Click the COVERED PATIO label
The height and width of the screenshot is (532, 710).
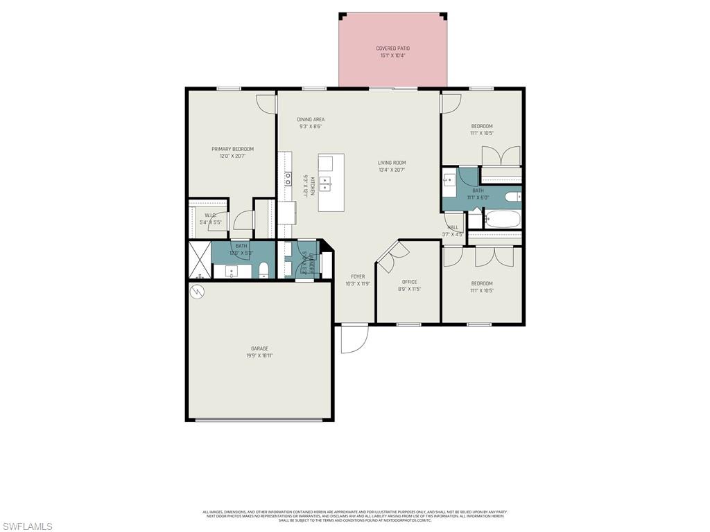pyautogui.click(x=392, y=48)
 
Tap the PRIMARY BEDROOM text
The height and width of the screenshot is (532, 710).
pyautogui.click(x=232, y=149)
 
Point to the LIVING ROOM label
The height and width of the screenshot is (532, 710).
pyautogui.click(x=392, y=163)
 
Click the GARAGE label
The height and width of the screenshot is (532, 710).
pyautogui.click(x=259, y=348)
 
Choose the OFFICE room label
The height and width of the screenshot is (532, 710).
pyautogui.click(x=409, y=282)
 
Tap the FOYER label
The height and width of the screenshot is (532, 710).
pyautogui.click(x=358, y=276)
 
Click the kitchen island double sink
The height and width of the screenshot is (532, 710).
pyautogui.click(x=326, y=184)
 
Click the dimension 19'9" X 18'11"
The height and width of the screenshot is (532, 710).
pyautogui.click(x=259, y=356)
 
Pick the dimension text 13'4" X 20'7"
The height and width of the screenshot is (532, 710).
pyautogui.click(x=392, y=170)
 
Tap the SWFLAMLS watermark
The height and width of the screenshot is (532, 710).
pyautogui.click(x=27, y=526)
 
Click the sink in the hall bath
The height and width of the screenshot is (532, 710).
pyautogui.click(x=449, y=181)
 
